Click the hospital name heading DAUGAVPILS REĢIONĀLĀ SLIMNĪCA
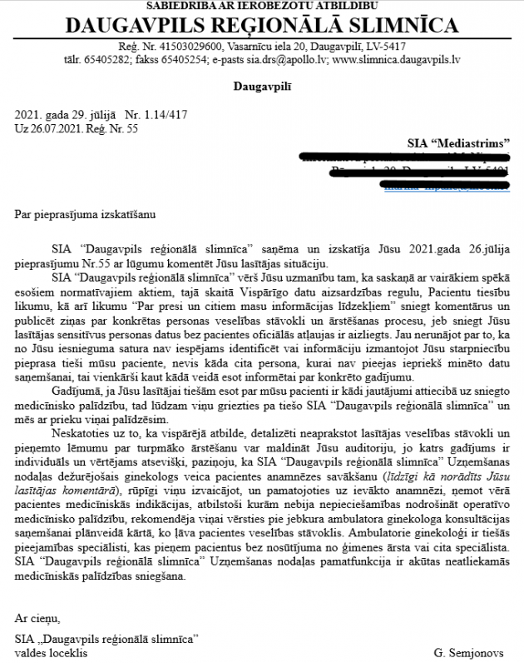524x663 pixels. point(261,24)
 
